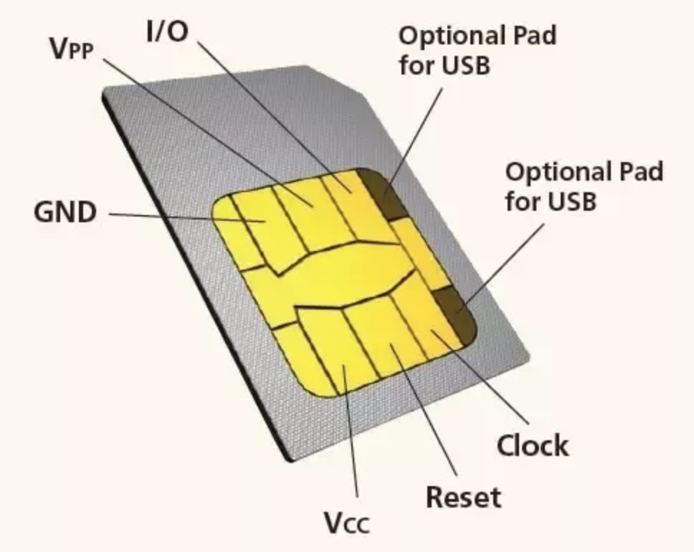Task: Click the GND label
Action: (x=65, y=212)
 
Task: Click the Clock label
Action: (x=533, y=446)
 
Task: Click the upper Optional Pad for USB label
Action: (x=477, y=50)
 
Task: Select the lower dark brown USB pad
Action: (x=457, y=313)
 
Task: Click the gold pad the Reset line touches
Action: (x=391, y=347)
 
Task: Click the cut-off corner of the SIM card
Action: (x=337, y=79)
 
